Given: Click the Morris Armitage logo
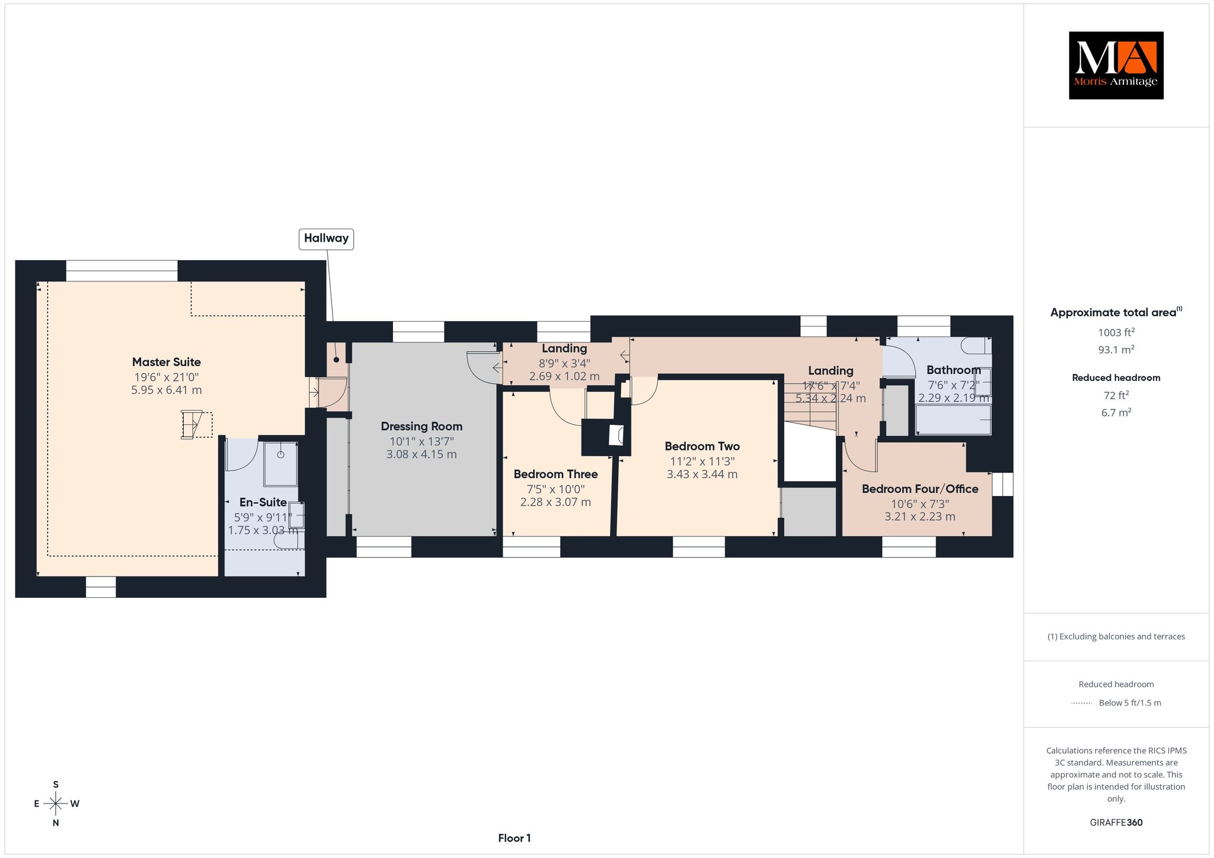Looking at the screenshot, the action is pyautogui.click(x=1116, y=65).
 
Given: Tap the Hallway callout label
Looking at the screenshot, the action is pyautogui.click(x=326, y=239).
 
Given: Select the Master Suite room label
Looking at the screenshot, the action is pyautogui.click(x=167, y=362).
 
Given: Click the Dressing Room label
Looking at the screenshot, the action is pyautogui.click(x=421, y=427).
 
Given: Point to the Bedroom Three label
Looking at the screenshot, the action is pyautogui.click(x=555, y=474).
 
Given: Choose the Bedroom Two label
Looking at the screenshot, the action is pyautogui.click(x=702, y=446).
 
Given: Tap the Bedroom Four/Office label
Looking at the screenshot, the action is pyautogui.click(x=920, y=489).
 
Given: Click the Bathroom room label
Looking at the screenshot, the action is pyautogui.click(x=954, y=370).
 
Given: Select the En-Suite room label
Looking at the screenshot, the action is pyautogui.click(x=263, y=502).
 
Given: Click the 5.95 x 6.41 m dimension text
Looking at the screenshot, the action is pyautogui.click(x=167, y=390).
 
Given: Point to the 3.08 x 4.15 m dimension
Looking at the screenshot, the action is pyautogui.click(x=421, y=454).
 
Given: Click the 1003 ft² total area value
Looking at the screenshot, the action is pyautogui.click(x=1116, y=332).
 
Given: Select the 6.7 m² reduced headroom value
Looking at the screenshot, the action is pyautogui.click(x=1116, y=412).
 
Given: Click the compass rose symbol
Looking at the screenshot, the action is pyautogui.click(x=56, y=803).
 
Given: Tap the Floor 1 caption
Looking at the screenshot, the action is pyautogui.click(x=515, y=838).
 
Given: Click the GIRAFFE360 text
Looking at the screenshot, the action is pyautogui.click(x=1116, y=822).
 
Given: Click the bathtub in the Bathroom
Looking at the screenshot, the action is pyautogui.click(x=953, y=420).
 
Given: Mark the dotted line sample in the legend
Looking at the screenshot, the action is pyautogui.click(x=1082, y=703).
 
